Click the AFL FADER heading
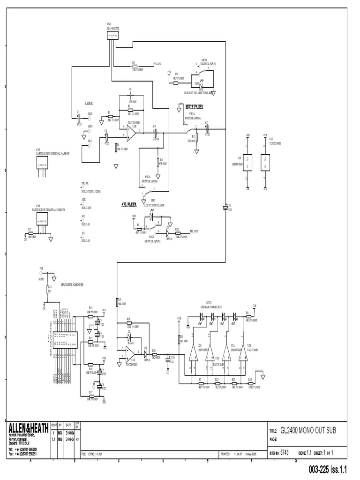coord(129,204)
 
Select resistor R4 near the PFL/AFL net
coord(135,65)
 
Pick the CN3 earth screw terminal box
coord(42,162)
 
